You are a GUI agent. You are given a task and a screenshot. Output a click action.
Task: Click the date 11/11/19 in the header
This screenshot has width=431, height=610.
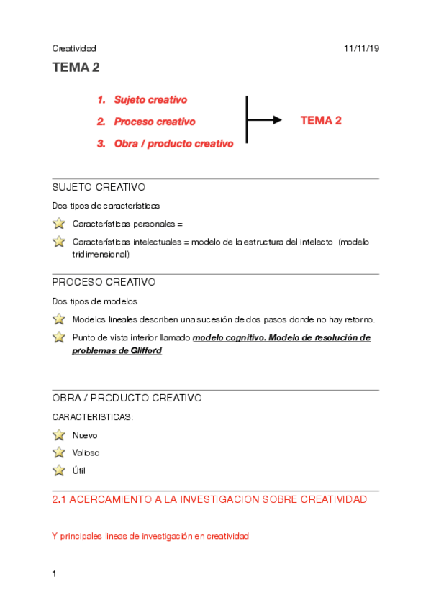(362, 48)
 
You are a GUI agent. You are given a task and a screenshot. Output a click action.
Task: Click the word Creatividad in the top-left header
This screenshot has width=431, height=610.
(74, 48)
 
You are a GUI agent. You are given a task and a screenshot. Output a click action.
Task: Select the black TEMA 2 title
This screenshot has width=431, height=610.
(76, 68)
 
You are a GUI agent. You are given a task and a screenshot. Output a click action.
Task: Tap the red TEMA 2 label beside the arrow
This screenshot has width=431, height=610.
(320, 121)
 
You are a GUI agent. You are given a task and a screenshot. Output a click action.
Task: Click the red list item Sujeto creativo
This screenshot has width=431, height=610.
(150, 100)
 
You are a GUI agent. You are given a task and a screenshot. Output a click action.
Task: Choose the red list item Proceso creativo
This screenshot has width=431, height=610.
(154, 122)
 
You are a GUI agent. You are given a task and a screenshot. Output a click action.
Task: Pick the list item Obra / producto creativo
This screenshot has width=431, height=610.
(173, 144)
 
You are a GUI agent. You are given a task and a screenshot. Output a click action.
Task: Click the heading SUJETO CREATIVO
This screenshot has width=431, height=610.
(99, 187)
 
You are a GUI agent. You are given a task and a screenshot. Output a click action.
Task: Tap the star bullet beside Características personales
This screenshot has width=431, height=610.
(59, 224)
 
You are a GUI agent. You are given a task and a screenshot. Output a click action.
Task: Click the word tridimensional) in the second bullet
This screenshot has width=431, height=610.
(101, 254)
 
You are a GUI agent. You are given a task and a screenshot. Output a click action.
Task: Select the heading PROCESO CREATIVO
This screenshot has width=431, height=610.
(104, 282)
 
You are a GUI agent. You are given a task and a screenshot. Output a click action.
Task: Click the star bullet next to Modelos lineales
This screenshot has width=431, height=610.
(59, 319)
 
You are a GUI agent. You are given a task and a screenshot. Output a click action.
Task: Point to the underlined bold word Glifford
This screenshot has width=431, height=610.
(145, 350)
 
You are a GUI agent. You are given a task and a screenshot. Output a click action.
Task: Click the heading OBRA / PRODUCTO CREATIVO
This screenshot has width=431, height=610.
(127, 398)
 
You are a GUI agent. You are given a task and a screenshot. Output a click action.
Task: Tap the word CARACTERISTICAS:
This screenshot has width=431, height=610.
(92, 416)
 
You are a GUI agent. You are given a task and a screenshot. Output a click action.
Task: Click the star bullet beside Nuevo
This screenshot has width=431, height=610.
(59, 435)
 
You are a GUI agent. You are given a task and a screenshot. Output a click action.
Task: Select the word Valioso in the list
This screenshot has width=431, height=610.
(86, 453)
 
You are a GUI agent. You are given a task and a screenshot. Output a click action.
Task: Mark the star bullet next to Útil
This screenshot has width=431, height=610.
(59, 470)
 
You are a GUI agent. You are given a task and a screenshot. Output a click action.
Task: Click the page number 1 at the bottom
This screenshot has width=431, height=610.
(55, 573)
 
